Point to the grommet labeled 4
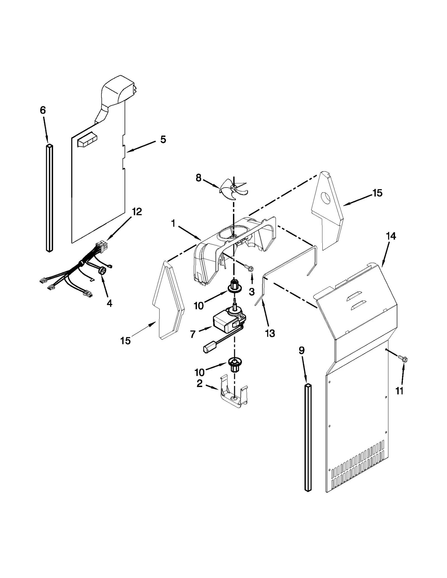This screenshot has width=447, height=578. tap(103, 270)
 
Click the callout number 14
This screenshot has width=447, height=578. tap(391, 236)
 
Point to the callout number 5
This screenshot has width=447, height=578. tap(163, 139)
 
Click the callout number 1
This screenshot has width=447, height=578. tap(173, 223)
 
